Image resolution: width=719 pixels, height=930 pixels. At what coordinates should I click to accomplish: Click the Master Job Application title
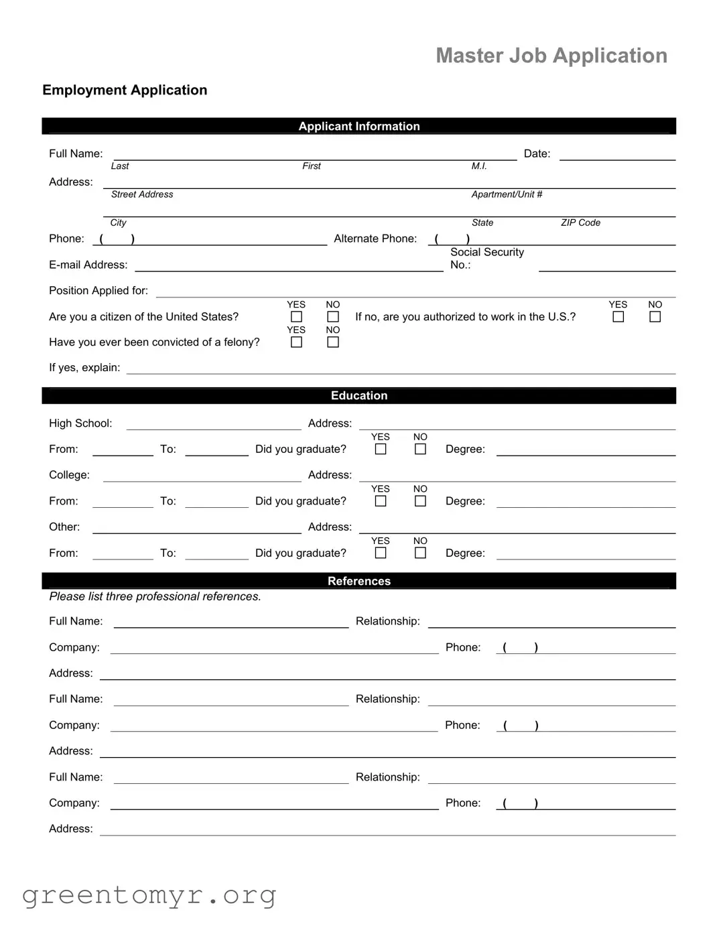pos(551,56)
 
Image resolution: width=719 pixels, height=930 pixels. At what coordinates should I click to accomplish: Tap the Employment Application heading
pos(125,90)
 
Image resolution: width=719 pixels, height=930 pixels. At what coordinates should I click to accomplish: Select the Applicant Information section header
pos(358,126)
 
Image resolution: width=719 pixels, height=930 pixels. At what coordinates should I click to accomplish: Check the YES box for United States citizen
pos(296,317)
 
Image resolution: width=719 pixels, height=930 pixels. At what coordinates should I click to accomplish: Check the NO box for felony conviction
pos(333,342)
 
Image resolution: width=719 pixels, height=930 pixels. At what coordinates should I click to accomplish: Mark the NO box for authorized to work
pos(655,317)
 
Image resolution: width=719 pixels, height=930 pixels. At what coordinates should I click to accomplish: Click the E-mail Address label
pos(88,265)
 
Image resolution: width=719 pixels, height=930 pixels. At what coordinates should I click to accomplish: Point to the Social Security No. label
pos(486,258)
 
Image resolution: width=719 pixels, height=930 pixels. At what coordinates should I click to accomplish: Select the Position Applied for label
pos(98,290)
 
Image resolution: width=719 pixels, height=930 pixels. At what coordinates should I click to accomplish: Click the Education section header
pos(358,395)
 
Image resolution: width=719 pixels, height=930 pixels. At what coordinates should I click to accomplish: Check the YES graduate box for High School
pos(381,450)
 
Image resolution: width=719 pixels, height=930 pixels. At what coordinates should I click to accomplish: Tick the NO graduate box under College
pos(420,501)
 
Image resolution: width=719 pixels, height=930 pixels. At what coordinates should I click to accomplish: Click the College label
pos(69,475)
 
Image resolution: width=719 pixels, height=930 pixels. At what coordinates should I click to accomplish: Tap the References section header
pos(358,581)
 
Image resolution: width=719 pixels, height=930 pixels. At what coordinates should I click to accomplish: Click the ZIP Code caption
pos(580,222)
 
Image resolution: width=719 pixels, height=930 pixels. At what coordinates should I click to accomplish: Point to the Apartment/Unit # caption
pos(507,194)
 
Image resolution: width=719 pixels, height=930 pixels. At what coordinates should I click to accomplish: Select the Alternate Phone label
pos(375,239)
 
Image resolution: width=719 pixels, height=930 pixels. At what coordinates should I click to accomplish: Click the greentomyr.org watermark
pos(149,895)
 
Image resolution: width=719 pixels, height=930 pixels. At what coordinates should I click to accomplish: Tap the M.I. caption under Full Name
pos(478,166)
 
